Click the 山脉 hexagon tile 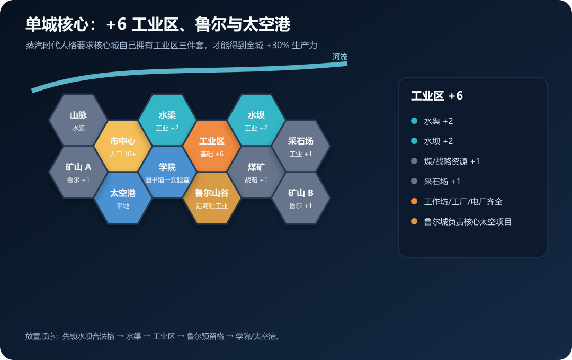78,120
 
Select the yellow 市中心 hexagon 122,146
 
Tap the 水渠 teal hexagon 167,120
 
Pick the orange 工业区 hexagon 211,146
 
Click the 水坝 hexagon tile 256,120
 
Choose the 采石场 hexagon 301,146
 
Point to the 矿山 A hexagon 78,172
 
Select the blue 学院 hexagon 167,172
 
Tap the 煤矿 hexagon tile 256,172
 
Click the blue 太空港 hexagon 122,198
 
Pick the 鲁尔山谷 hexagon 211,198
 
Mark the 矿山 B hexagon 301,198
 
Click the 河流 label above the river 340,57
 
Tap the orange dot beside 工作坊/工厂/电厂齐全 414,201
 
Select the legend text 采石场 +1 442,181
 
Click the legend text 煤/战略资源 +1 452,161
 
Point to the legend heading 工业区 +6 437,96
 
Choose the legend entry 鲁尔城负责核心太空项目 468,222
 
